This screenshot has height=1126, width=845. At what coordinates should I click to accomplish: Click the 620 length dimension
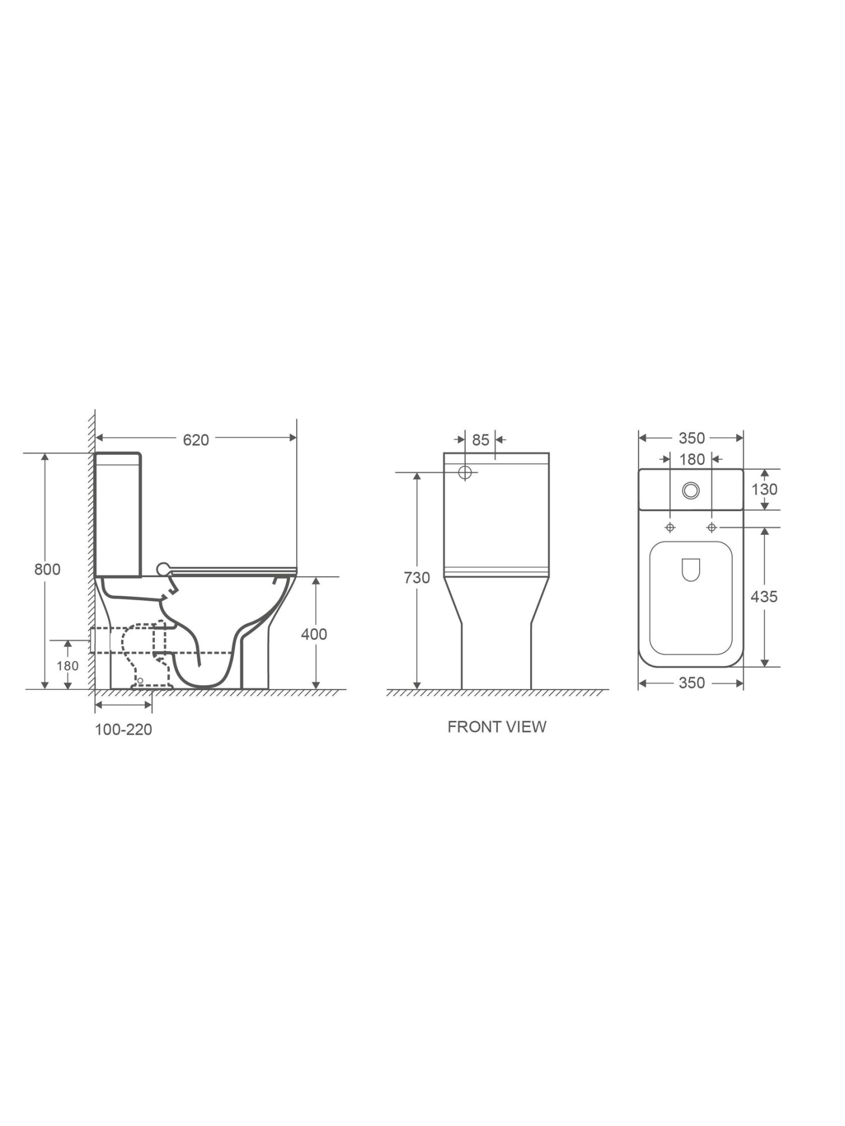[195, 440]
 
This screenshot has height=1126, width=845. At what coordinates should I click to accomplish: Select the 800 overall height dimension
[47, 569]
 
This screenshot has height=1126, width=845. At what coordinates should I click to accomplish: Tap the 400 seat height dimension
[314, 634]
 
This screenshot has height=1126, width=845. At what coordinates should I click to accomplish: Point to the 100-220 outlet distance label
[123, 730]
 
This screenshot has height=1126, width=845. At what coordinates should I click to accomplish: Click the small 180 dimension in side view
[68, 666]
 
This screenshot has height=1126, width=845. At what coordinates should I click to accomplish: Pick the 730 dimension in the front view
[417, 578]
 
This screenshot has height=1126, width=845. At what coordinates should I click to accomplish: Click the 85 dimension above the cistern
[481, 440]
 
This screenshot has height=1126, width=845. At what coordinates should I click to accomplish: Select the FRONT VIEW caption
[497, 727]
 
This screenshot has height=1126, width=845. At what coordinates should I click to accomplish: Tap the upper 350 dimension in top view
[691, 438]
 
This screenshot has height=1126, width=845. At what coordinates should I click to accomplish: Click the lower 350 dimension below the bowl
[691, 683]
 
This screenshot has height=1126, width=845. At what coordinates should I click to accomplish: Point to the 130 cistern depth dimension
[764, 489]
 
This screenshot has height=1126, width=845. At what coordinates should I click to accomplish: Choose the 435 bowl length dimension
[764, 596]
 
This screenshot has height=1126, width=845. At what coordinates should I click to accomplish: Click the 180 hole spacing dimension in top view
[691, 459]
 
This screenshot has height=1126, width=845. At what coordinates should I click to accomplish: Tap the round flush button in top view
[691, 490]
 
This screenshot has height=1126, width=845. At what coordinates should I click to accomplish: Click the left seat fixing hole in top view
[670, 528]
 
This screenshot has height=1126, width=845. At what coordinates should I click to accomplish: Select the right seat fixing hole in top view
[711, 528]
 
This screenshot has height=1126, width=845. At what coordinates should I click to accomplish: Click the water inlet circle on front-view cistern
[465, 472]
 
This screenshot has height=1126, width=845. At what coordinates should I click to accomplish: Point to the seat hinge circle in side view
[163, 569]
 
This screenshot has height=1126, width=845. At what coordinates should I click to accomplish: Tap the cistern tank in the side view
[118, 515]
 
